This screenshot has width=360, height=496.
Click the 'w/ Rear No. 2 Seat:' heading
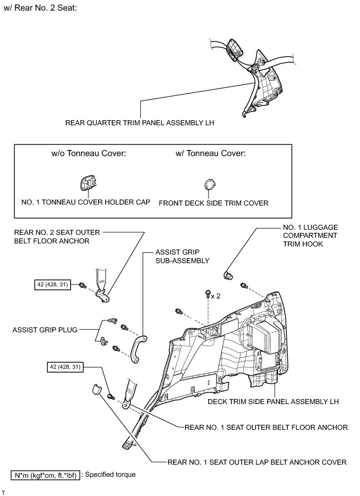[x=40, y=9]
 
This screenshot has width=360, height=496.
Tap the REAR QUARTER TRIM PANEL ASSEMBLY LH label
[x=136, y=122]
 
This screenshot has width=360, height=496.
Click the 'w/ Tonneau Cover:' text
[x=211, y=154]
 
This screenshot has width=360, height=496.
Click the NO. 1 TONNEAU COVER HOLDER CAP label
[x=86, y=203]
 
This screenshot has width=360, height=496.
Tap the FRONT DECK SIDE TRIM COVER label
[x=213, y=203]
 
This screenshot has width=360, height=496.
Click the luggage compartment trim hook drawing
[x=228, y=275]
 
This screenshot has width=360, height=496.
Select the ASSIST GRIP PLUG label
[x=46, y=330]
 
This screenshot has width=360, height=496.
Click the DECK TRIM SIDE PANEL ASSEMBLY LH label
[x=273, y=402]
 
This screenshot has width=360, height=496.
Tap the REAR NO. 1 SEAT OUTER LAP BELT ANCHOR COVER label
[x=257, y=462]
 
